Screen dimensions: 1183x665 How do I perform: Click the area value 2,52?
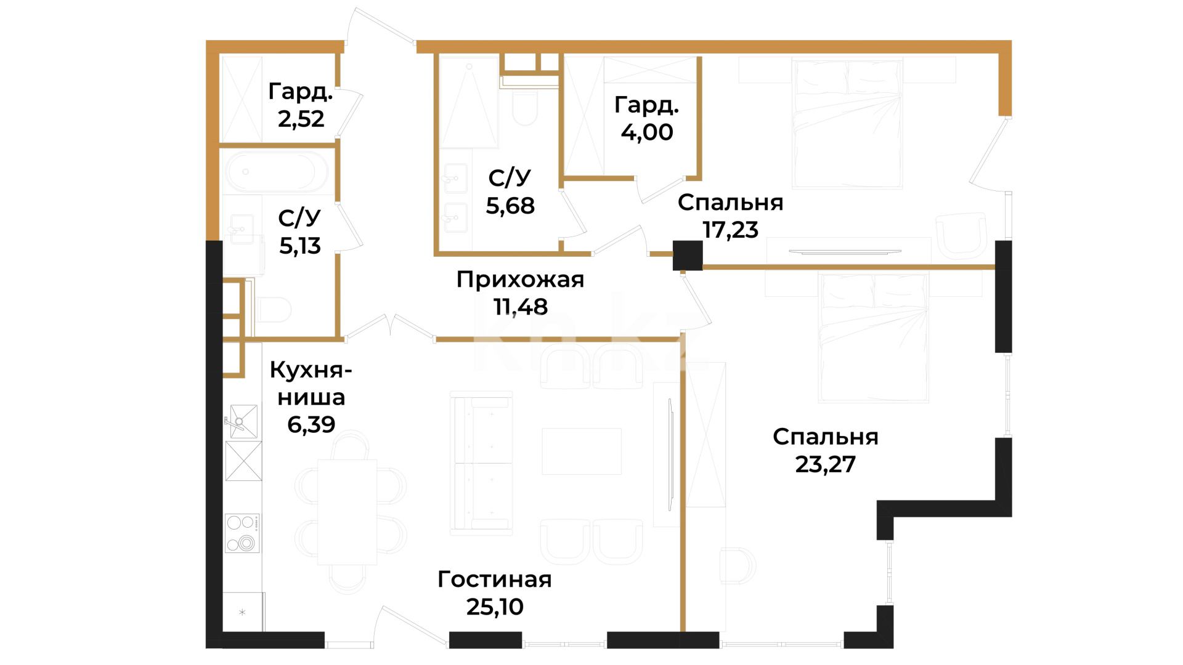pyautogui.click(x=301, y=119)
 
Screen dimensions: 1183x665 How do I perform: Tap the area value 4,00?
pyautogui.click(x=647, y=132)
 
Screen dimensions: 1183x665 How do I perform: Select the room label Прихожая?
pyautogui.click(x=520, y=280)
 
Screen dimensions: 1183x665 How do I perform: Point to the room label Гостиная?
pyautogui.click(x=495, y=579)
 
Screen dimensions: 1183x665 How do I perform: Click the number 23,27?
pyautogui.click(x=826, y=464)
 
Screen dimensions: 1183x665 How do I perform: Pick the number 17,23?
pyautogui.click(x=730, y=230)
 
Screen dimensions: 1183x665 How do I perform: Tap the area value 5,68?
pyautogui.click(x=510, y=206)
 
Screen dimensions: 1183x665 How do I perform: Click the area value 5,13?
pyautogui.click(x=300, y=246)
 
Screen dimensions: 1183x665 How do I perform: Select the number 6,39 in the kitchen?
pyautogui.click(x=311, y=424)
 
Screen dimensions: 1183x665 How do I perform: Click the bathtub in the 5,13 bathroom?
pyautogui.click(x=277, y=172)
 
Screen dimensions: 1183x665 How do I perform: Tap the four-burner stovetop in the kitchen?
pyautogui.click(x=242, y=533)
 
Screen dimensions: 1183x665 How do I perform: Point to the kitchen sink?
pyautogui.click(x=243, y=421)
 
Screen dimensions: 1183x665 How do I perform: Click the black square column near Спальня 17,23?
pyautogui.click(x=688, y=256)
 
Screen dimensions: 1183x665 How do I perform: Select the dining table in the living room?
pyautogui.click(x=348, y=512)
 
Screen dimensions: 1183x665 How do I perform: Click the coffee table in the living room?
pyautogui.click(x=582, y=451)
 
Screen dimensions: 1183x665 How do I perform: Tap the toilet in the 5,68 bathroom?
pyautogui.click(x=525, y=108)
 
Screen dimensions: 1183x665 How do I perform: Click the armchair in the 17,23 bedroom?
pyautogui.click(x=961, y=235)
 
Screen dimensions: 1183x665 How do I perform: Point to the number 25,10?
pyautogui.click(x=495, y=607)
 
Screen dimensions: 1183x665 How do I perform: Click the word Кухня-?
pyautogui.click(x=311, y=370)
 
